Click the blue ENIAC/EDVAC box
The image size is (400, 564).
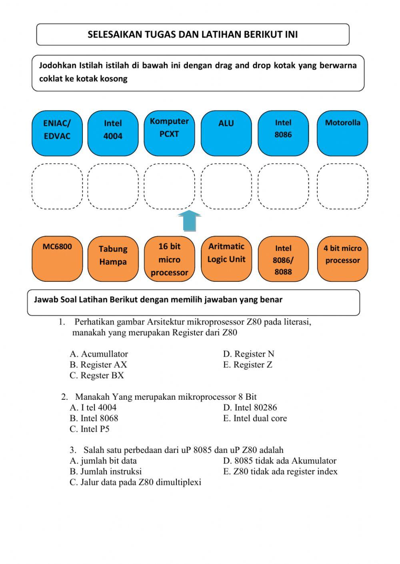click(57, 133)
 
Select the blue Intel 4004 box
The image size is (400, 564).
click(113, 133)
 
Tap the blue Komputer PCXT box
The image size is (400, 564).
click(169, 133)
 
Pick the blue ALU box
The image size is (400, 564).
click(226, 133)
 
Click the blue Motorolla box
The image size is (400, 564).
click(342, 133)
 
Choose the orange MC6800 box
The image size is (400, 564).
click(57, 259)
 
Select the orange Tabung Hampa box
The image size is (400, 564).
click(113, 259)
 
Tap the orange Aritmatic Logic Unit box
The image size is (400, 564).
click(226, 259)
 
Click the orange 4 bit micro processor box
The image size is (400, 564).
click(342, 259)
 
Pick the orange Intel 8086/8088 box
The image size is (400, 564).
click(283, 259)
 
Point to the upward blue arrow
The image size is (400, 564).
click(189, 221)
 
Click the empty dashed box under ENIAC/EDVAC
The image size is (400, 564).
click(57, 186)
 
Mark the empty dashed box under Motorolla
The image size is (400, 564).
click(342, 186)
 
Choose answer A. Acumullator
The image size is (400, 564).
click(99, 354)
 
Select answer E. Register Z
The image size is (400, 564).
click(248, 365)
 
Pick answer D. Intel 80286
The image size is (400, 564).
click(250, 408)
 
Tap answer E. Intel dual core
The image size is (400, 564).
click(255, 419)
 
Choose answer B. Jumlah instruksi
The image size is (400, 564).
click(106, 472)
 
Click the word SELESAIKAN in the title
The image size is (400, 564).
click(109, 34)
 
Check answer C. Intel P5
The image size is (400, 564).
click(90, 429)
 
